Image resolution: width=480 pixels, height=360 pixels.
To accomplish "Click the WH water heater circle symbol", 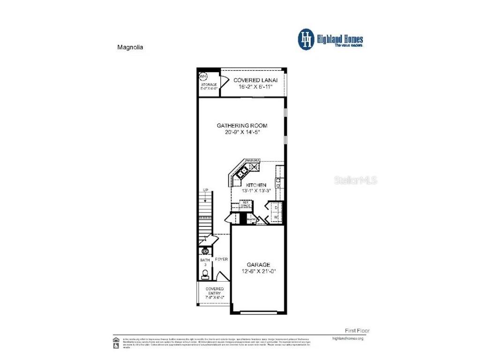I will [203, 76].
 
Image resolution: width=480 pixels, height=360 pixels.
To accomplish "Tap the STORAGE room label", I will [209, 84].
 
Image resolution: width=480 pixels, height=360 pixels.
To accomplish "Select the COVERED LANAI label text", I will [255, 80].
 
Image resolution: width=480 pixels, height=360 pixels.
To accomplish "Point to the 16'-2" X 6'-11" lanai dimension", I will [255, 87].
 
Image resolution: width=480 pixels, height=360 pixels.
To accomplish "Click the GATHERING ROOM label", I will [242, 126].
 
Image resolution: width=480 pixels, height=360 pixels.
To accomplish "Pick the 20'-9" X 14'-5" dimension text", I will [242, 133].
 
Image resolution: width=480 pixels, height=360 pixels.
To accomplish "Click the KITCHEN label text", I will [255, 185].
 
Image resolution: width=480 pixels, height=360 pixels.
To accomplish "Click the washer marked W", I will [276, 217].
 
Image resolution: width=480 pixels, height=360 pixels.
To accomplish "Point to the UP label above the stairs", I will [205, 190].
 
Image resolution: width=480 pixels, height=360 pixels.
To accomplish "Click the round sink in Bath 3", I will [204, 252].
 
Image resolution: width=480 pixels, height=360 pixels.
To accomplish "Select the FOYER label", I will [221, 259].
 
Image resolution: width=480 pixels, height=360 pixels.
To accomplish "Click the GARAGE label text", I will [258, 265].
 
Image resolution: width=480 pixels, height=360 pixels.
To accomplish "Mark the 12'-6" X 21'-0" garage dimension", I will [258, 272].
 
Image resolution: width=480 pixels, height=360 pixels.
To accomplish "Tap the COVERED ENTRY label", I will [215, 291].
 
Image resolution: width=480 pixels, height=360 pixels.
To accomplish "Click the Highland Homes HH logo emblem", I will [307, 39].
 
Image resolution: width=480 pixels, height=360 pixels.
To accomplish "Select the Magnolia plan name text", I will [130, 47].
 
